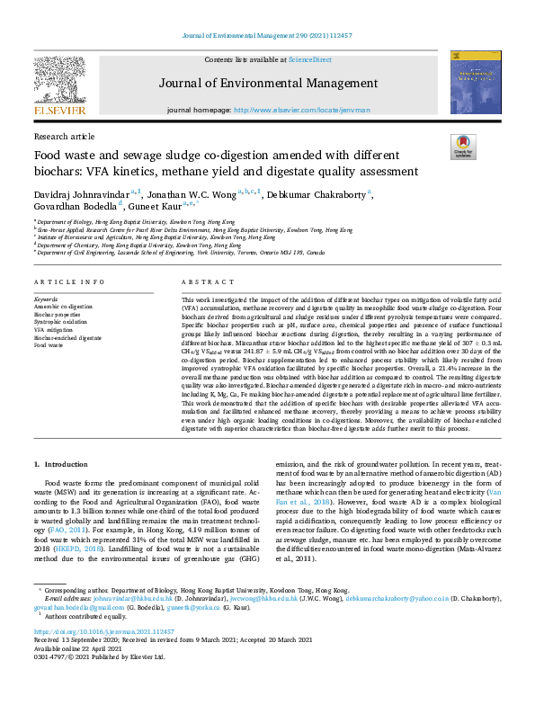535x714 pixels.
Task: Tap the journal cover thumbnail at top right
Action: [x=475, y=83]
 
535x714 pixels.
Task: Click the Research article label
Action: [x=63, y=136]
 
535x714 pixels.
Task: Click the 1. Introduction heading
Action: [x=61, y=463]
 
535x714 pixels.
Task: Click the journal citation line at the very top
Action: [x=267, y=37]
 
